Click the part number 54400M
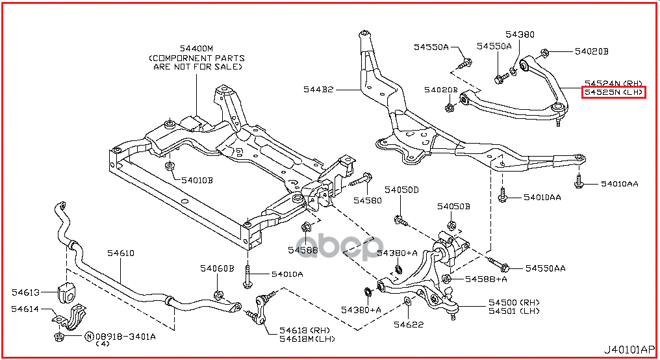point(196,48)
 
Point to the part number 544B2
point(318,90)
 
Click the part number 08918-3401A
point(125,337)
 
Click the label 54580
point(368,200)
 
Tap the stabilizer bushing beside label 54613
point(67,292)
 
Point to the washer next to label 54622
point(407,302)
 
